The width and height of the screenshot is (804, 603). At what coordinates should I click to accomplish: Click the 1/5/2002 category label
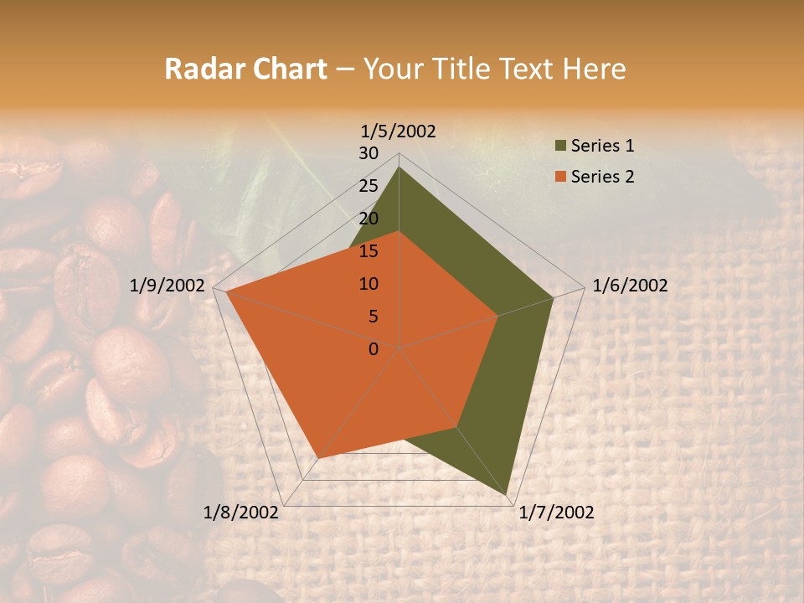click(399, 131)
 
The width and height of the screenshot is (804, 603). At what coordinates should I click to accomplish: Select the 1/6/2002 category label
click(630, 286)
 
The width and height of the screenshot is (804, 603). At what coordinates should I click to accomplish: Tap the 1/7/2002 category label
click(556, 513)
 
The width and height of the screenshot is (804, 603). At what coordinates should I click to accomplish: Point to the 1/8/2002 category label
click(241, 513)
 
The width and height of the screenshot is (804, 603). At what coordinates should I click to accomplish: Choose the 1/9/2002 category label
click(167, 286)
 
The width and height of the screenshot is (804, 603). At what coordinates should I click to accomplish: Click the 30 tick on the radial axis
click(368, 153)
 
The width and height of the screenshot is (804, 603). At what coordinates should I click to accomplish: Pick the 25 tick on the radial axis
click(368, 186)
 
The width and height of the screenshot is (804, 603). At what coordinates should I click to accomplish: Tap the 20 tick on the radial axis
click(368, 219)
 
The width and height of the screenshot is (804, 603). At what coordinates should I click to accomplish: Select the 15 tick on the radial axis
click(368, 251)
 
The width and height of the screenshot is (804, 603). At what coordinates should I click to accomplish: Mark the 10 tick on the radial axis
click(368, 284)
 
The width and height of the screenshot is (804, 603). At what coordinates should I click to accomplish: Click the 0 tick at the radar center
click(374, 349)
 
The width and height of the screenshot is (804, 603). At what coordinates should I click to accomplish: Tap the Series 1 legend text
click(602, 146)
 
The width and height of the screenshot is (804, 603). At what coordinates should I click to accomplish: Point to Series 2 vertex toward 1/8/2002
click(317, 458)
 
